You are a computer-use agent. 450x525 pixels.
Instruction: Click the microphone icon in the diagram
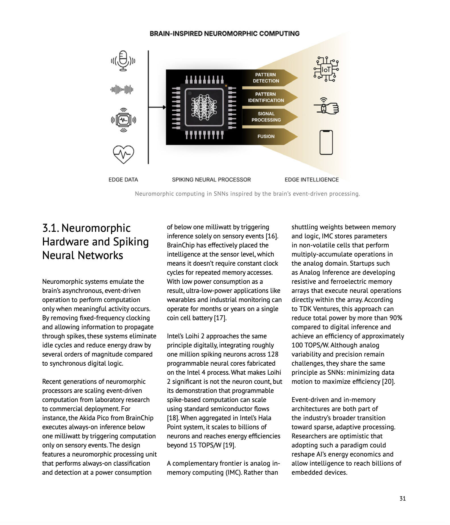(x=123, y=61)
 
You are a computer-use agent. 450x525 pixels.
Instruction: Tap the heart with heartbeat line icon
(x=123, y=154)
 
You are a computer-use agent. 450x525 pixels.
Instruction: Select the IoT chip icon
(x=326, y=69)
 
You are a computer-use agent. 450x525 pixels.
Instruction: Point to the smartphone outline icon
(x=326, y=142)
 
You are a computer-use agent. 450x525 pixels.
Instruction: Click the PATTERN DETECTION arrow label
(x=266, y=78)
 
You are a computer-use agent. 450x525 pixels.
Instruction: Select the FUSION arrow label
(x=266, y=136)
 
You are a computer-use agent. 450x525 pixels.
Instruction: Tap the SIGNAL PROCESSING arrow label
(x=266, y=117)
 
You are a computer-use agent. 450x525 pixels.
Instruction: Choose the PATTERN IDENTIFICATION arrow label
(x=266, y=97)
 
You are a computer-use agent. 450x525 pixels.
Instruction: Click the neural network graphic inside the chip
(x=204, y=107)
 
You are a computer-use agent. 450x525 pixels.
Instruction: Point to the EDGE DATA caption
(x=123, y=180)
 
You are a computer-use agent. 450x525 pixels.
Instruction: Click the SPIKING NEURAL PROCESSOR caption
(x=211, y=180)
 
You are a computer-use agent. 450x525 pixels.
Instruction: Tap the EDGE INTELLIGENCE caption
(x=312, y=180)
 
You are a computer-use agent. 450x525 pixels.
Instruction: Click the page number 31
(x=402, y=498)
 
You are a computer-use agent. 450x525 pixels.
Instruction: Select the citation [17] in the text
(x=220, y=318)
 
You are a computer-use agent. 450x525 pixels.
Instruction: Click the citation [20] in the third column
(x=388, y=382)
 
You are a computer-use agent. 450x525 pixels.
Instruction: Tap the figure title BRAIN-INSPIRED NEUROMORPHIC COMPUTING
(x=224, y=34)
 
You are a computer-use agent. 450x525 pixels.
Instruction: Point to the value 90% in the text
(x=396, y=318)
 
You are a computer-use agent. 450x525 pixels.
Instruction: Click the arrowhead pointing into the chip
(x=164, y=107)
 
